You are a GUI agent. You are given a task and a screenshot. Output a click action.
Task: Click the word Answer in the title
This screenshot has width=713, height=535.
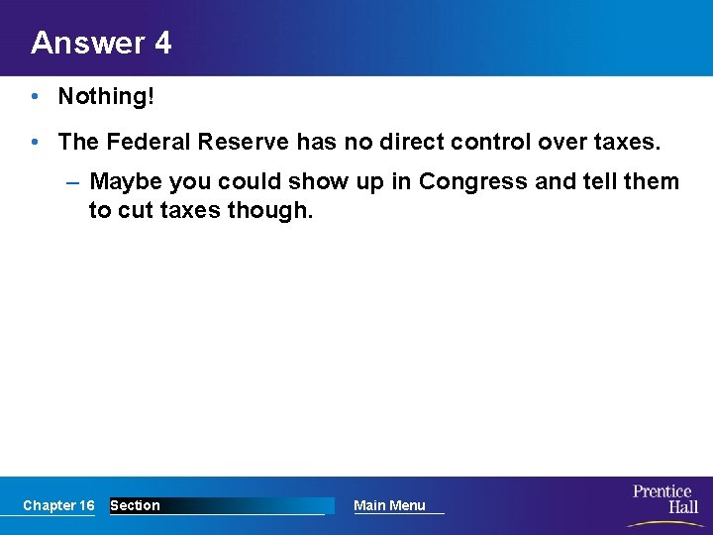(x=86, y=43)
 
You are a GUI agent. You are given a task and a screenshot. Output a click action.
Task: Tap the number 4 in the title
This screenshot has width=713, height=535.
(x=162, y=43)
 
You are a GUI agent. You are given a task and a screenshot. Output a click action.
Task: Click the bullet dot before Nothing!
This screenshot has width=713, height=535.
(x=34, y=96)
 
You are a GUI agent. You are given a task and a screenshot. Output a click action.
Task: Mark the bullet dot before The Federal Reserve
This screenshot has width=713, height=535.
(x=34, y=142)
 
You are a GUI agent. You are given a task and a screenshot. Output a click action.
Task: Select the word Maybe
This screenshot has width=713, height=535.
(x=126, y=182)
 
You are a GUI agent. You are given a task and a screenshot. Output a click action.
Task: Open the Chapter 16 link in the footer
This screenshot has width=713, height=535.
(x=58, y=505)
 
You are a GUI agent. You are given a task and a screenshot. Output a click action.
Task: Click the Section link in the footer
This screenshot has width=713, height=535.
(x=135, y=505)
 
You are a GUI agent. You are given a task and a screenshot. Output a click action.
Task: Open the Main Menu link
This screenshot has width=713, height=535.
(x=389, y=505)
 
